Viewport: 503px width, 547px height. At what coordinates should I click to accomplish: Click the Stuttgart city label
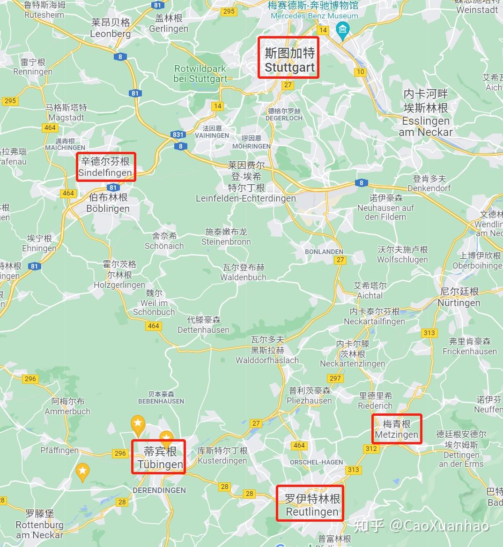289,60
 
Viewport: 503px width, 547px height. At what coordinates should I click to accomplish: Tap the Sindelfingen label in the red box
105,167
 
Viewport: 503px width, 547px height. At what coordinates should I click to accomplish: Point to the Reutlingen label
312,505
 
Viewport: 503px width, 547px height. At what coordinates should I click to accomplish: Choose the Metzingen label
397,429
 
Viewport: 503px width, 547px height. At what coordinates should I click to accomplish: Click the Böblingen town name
108,203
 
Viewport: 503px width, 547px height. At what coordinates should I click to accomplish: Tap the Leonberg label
111,28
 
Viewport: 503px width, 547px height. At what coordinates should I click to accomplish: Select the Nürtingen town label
459,297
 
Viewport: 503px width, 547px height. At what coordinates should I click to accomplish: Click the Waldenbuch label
244,272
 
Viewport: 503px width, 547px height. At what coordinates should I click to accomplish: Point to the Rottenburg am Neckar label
39,525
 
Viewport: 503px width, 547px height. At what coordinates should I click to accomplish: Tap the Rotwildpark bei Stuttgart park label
200,74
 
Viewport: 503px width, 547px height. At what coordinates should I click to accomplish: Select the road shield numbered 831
178,135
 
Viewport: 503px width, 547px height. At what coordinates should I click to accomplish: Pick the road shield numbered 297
335,378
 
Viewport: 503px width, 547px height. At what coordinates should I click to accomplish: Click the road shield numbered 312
371,449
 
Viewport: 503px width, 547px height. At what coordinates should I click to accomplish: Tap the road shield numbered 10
360,72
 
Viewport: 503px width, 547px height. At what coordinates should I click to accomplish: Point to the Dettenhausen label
203,325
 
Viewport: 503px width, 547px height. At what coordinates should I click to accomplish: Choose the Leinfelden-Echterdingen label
246,182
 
